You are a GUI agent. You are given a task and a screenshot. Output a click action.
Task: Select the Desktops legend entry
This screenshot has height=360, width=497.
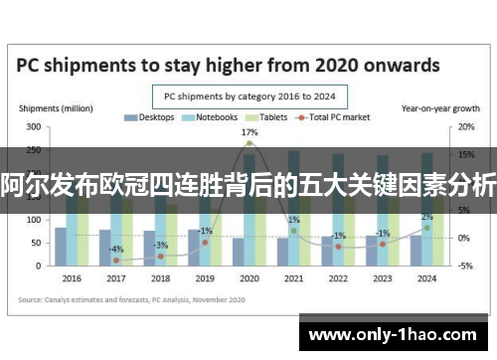tap(150, 117)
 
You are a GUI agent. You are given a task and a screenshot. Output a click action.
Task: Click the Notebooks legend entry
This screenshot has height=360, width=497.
tap(210, 117)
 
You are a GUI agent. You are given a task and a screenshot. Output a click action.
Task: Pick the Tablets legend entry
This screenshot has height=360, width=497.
tap(267, 117)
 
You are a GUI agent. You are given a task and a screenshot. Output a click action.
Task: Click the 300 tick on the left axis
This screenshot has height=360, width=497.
tap(33, 127)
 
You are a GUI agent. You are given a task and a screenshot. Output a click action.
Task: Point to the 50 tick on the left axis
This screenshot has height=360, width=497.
tap(35, 243)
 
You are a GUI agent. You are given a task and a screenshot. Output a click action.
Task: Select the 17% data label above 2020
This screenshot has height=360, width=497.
tap(249, 132)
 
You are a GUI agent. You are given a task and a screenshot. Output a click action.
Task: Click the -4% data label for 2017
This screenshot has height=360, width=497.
tap(116, 249)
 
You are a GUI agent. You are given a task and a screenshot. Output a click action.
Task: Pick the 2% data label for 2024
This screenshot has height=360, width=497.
tap(426, 217)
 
